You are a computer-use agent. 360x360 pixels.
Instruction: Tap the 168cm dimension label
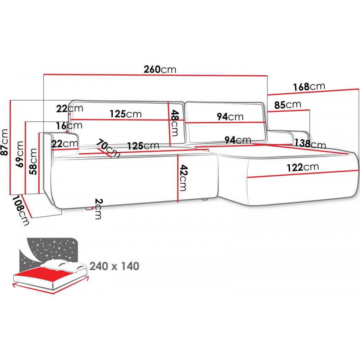pos(309,86)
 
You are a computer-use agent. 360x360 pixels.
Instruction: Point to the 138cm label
pos(310,144)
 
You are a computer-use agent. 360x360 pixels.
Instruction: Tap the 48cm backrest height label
pos(174,123)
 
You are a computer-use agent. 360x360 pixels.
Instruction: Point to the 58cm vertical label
pos(33,161)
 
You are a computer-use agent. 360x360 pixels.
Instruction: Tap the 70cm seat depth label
pos(108,149)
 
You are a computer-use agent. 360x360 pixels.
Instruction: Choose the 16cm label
pos(69,125)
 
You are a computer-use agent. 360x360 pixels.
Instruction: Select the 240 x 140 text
pos(114,266)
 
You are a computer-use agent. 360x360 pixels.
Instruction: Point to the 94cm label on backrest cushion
pos(230,117)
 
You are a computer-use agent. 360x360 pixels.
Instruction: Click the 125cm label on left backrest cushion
pos(126,114)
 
